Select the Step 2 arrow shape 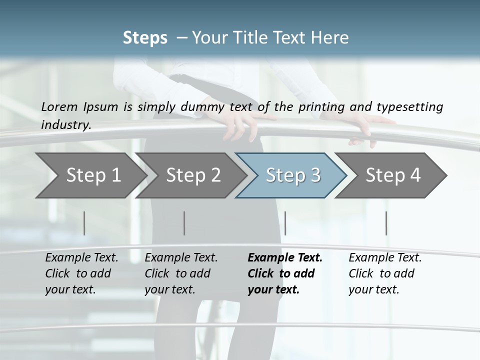(x=193, y=175)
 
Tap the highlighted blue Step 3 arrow (x=293, y=175)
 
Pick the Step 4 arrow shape (x=393, y=175)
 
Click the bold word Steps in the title (x=145, y=38)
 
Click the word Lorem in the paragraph (x=59, y=106)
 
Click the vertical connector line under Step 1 (x=84, y=223)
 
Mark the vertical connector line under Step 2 (x=184, y=223)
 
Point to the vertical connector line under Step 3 (x=285, y=223)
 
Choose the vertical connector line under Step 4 (x=386, y=223)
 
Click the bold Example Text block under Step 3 (x=285, y=273)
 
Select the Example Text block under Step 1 (x=81, y=273)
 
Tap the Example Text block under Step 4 (x=385, y=273)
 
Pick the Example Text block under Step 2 (x=181, y=273)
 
